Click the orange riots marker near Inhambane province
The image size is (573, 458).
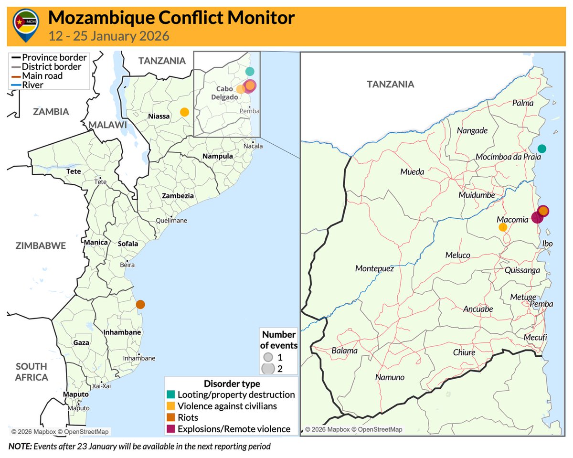(x=140, y=304)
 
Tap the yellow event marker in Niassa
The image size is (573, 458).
(x=184, y=112)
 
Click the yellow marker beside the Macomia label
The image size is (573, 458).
(x=503, y=227)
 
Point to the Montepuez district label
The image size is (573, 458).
(x=374, y=269)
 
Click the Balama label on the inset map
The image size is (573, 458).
(x=344, y=351)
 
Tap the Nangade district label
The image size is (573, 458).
(x=472, y=130)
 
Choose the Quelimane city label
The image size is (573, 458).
(x=172, y=221)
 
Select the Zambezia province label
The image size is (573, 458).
(x=178, y=196)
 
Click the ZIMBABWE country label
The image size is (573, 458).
(x=41, y=246)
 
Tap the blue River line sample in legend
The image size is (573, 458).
(x=15, y=85)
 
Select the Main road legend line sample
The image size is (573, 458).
(x=15, y=76)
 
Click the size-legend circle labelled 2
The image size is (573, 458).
(x=268, y=368)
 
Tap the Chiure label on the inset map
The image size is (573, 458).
(x=464, y=352)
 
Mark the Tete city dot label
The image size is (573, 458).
(x=100, y=182)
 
